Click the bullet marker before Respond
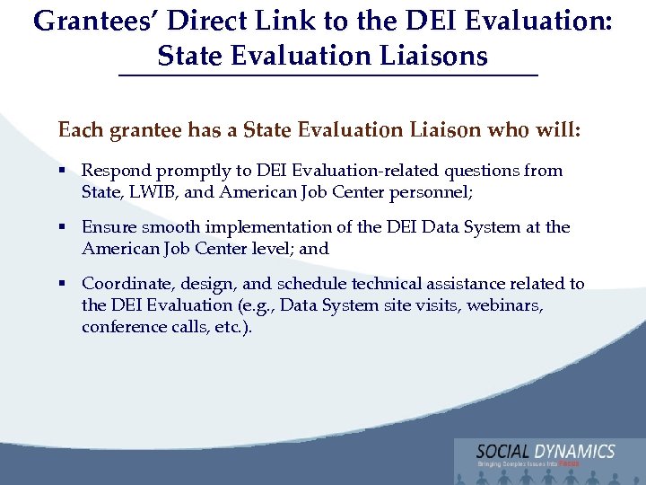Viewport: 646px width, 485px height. pos(64,171)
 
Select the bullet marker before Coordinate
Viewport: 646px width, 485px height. pos(64,284)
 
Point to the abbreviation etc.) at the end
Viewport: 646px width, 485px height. pos(231,327)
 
